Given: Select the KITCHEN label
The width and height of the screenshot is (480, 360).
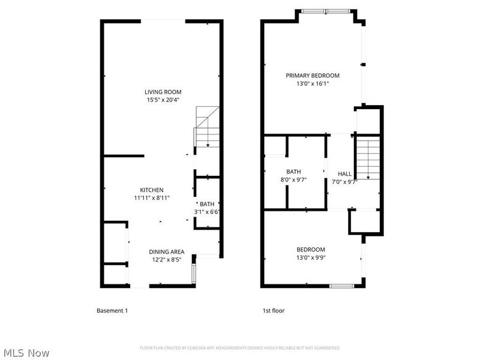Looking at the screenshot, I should click(x=152, y=190).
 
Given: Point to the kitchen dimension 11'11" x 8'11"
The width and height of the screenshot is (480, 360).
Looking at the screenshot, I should click(x=152, y=198).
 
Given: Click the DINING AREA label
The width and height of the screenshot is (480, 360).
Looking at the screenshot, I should click(x=167, y=251).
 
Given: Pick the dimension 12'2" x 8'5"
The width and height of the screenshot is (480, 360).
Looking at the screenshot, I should click(x=167, y=260).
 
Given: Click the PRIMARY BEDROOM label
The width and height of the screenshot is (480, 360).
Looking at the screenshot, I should click(x=312, y=76).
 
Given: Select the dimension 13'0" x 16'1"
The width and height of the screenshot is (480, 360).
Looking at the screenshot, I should click(x=312, y=84).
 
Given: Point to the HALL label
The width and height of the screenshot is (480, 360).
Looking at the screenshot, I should click(x=344, y=174).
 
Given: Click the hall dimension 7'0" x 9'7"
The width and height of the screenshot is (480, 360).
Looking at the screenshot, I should click(x=344, y=182).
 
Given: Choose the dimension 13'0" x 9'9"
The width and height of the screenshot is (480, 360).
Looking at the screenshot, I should click(x=311, y=258).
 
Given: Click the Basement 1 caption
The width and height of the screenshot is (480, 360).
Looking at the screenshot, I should click(x=112, y=311).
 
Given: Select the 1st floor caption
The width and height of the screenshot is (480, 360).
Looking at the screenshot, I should click(x=273, y=311).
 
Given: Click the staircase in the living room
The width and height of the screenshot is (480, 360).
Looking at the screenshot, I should click(x=208, y=126).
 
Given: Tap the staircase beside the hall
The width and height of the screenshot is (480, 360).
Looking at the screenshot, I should click(x=367, y=157).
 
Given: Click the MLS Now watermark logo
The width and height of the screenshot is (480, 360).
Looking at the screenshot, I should click(x=26, y=353).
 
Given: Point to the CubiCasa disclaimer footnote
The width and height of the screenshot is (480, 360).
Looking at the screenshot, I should click(x=240, y=348).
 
